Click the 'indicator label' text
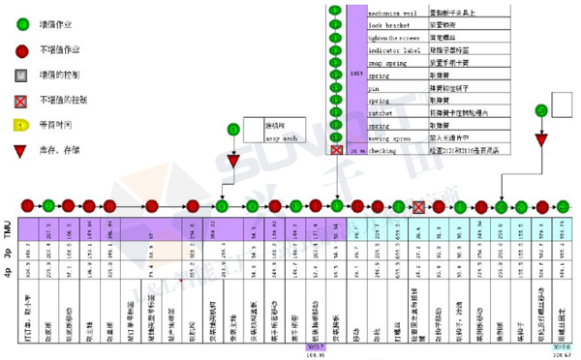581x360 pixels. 391,48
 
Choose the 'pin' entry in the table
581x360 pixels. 372,86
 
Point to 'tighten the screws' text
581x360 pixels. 392,34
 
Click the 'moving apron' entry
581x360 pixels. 388,138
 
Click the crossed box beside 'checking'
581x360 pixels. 335,151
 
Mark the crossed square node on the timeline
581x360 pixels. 417,206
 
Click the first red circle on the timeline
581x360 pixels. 27,205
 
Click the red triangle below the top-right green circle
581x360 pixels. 541,140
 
